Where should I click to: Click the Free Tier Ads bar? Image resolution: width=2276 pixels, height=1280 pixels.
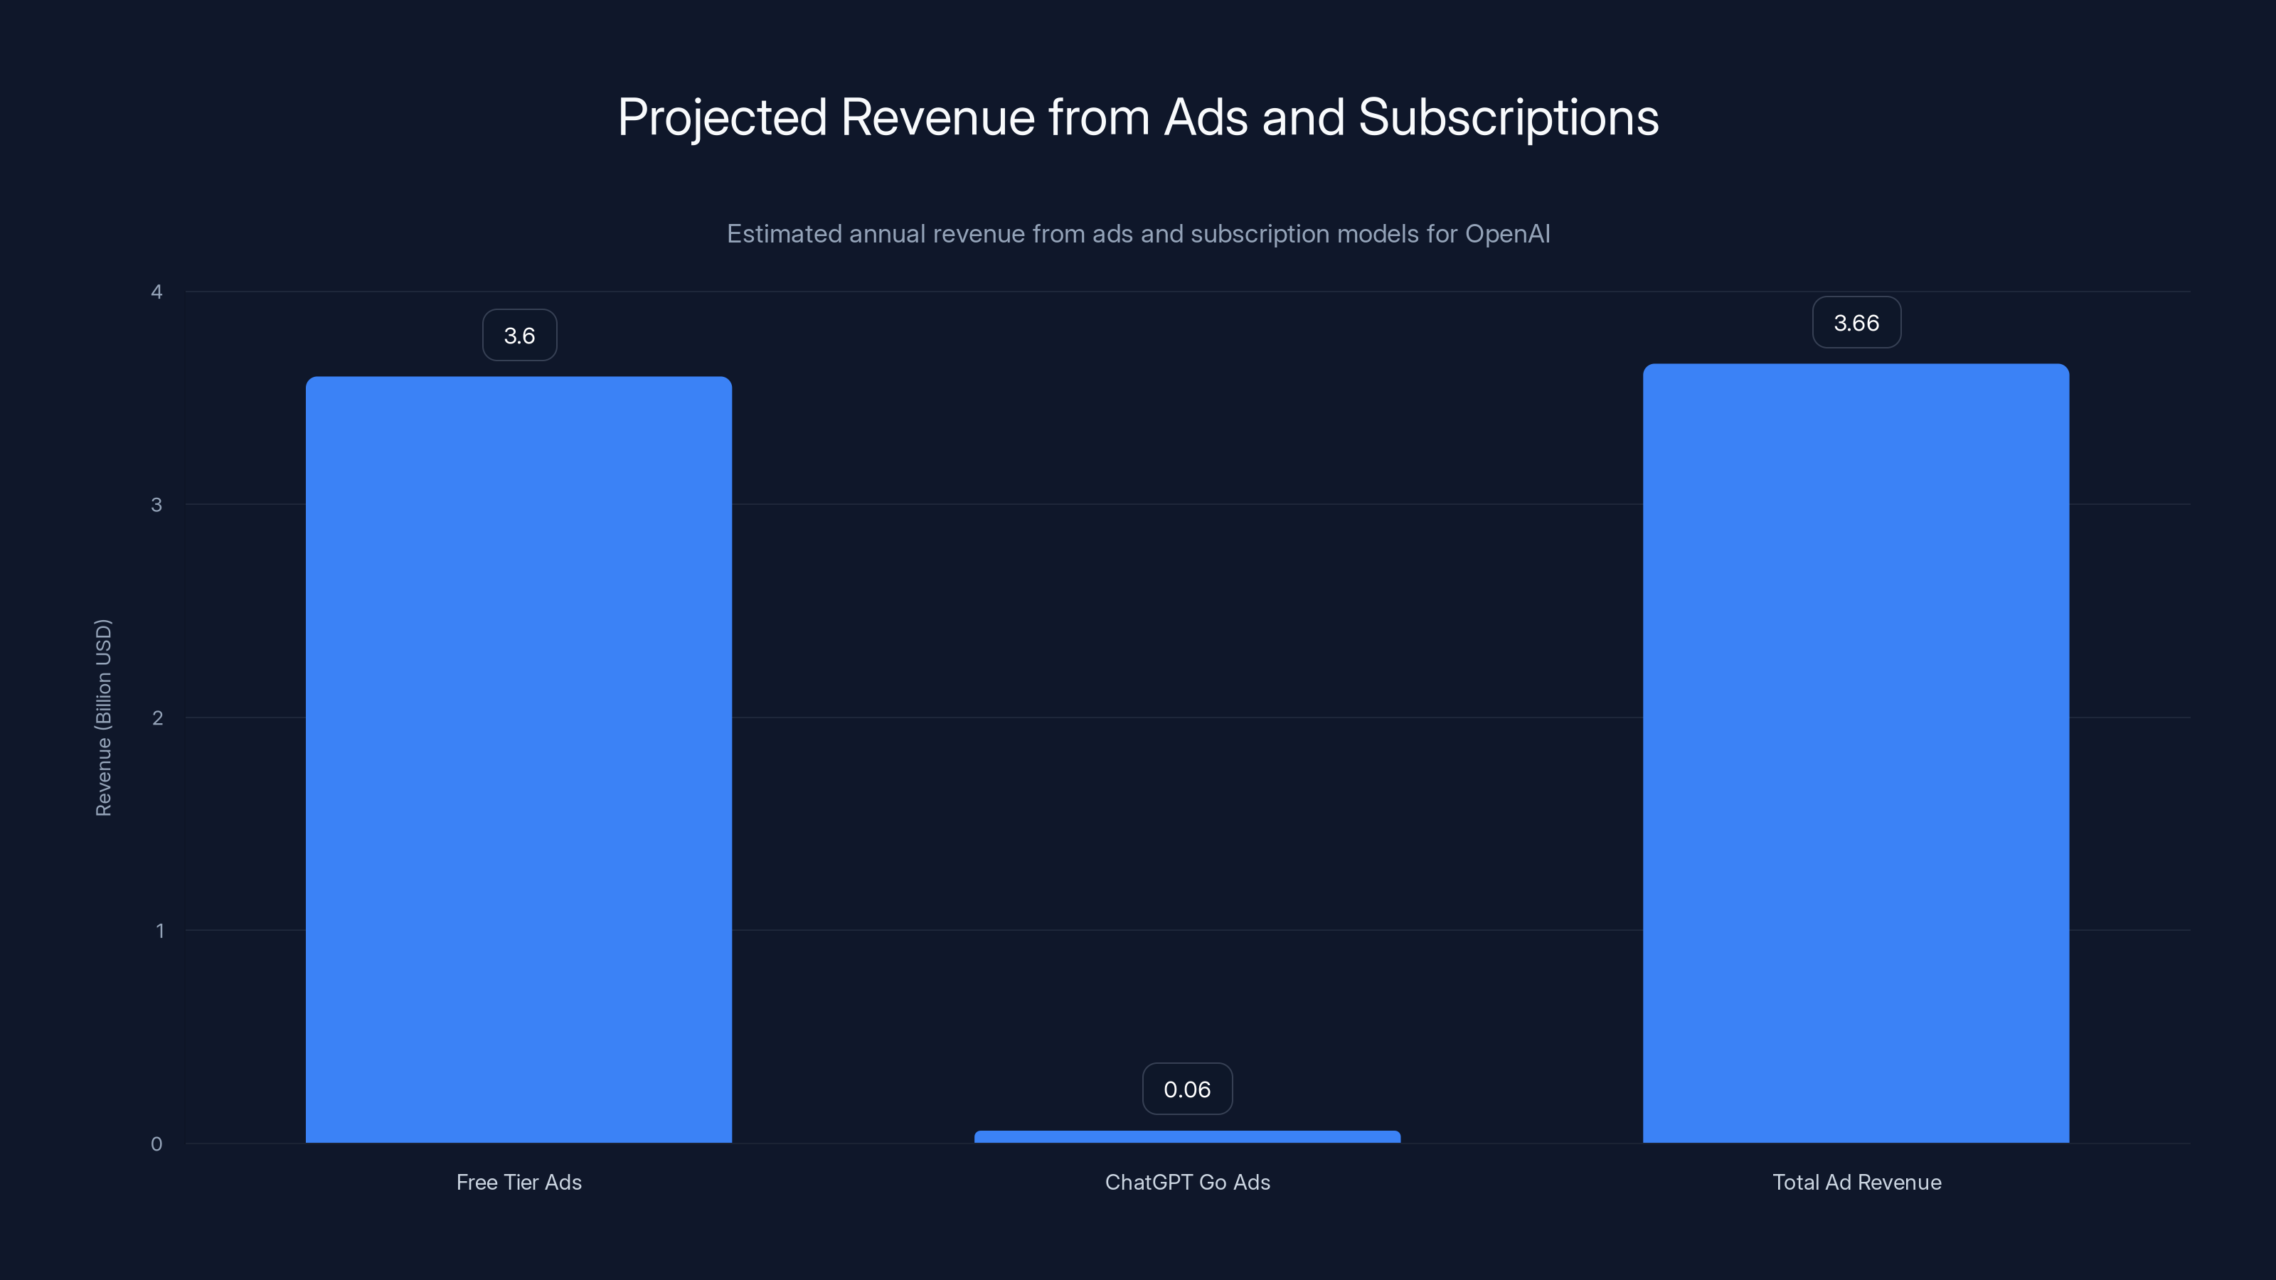point(519,759)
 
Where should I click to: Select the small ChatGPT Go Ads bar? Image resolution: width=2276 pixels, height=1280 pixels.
point(1186,1137)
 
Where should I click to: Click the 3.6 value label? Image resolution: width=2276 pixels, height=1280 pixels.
point(519,336)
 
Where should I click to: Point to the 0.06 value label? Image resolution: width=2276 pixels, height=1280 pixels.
point(1186,1089)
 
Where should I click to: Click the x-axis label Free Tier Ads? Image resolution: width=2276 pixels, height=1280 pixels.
point(519,1182)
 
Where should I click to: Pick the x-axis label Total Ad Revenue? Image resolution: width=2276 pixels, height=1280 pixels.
point(1856,1182)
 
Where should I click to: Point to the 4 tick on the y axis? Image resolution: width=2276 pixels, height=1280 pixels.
point(157,292)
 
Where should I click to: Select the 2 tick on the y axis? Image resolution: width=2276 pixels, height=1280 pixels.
point(157,718)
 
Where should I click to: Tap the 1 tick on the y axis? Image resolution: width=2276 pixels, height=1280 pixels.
point(160,931)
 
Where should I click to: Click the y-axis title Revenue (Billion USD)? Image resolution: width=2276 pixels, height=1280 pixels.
point(103,718)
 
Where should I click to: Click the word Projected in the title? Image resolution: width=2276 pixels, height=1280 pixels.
point(722,117)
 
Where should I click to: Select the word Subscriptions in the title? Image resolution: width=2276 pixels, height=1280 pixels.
point(1508,117)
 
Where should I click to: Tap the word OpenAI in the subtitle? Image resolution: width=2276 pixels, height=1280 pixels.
point(1507,234)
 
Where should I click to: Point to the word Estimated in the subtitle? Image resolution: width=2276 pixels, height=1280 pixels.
point(784,234)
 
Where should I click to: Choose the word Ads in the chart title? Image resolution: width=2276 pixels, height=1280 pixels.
point(1206,117)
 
